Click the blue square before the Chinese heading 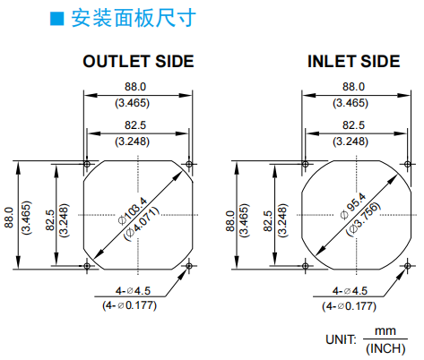click(x=56, y=19)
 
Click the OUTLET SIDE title click(x=138, y=62)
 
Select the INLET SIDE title click(x=354, y=62)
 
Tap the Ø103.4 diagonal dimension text click(x=133, y=210)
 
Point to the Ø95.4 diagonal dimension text click(x=353, y=206)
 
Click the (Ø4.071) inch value click(x=142, y=224)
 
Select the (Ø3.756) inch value click(x=363, y=219)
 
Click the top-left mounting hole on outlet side click(x=87, y=164)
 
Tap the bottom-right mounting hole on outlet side click(x=189, y=266)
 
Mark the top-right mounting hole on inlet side click(x=407, y=164)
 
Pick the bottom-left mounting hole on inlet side click(x=305, y=266)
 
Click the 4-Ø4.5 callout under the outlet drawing click(x=133, y=290)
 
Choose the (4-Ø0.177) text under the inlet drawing click(x=349, y=306)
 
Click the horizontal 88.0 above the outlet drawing click(x=135, y=87)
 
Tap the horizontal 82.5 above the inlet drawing click(x=353, y=125)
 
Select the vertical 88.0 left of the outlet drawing click(x=9, y=218)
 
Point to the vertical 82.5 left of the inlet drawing click(x=268, y=221)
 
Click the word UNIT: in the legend click(x=341, y=339)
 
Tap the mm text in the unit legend click(x=385, y=330)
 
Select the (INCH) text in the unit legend click(x=385, y=348)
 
